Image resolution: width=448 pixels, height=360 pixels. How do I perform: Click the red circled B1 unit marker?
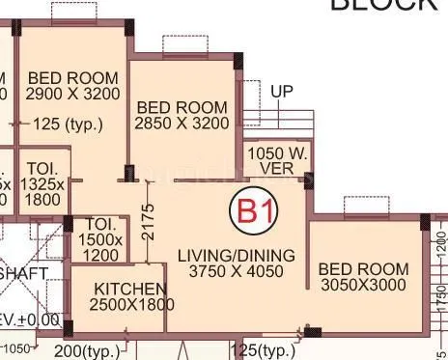tap(253, 212)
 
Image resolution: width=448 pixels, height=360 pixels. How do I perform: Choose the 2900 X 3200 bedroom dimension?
tap(73, 95)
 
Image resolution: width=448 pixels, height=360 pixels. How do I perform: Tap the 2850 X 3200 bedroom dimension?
tap(182, 124)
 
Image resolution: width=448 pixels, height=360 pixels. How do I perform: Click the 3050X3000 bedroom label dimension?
tap(363, 286)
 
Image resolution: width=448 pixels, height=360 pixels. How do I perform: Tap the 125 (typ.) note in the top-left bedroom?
tap(68, 124)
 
